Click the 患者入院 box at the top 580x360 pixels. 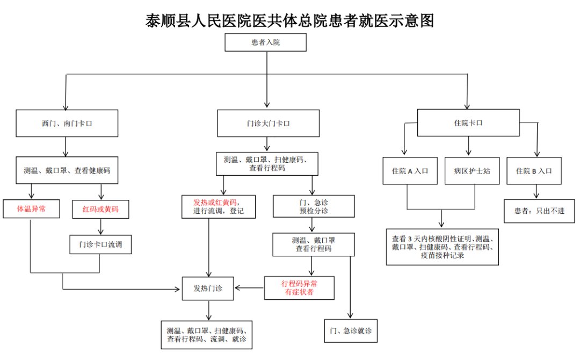tap(266, 42)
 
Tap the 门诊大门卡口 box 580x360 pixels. tap(268, 123)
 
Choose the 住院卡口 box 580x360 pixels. tap(468, 123)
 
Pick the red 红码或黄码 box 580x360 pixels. tap(102, 210)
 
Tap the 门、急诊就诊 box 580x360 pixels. tap(351, 330)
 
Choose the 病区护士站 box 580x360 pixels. tap(469, 171)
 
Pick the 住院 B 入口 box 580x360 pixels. tap(534, 171)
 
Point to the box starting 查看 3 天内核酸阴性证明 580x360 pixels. tap(443, 247)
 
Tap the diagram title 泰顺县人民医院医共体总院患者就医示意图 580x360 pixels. tap(289, 20)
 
